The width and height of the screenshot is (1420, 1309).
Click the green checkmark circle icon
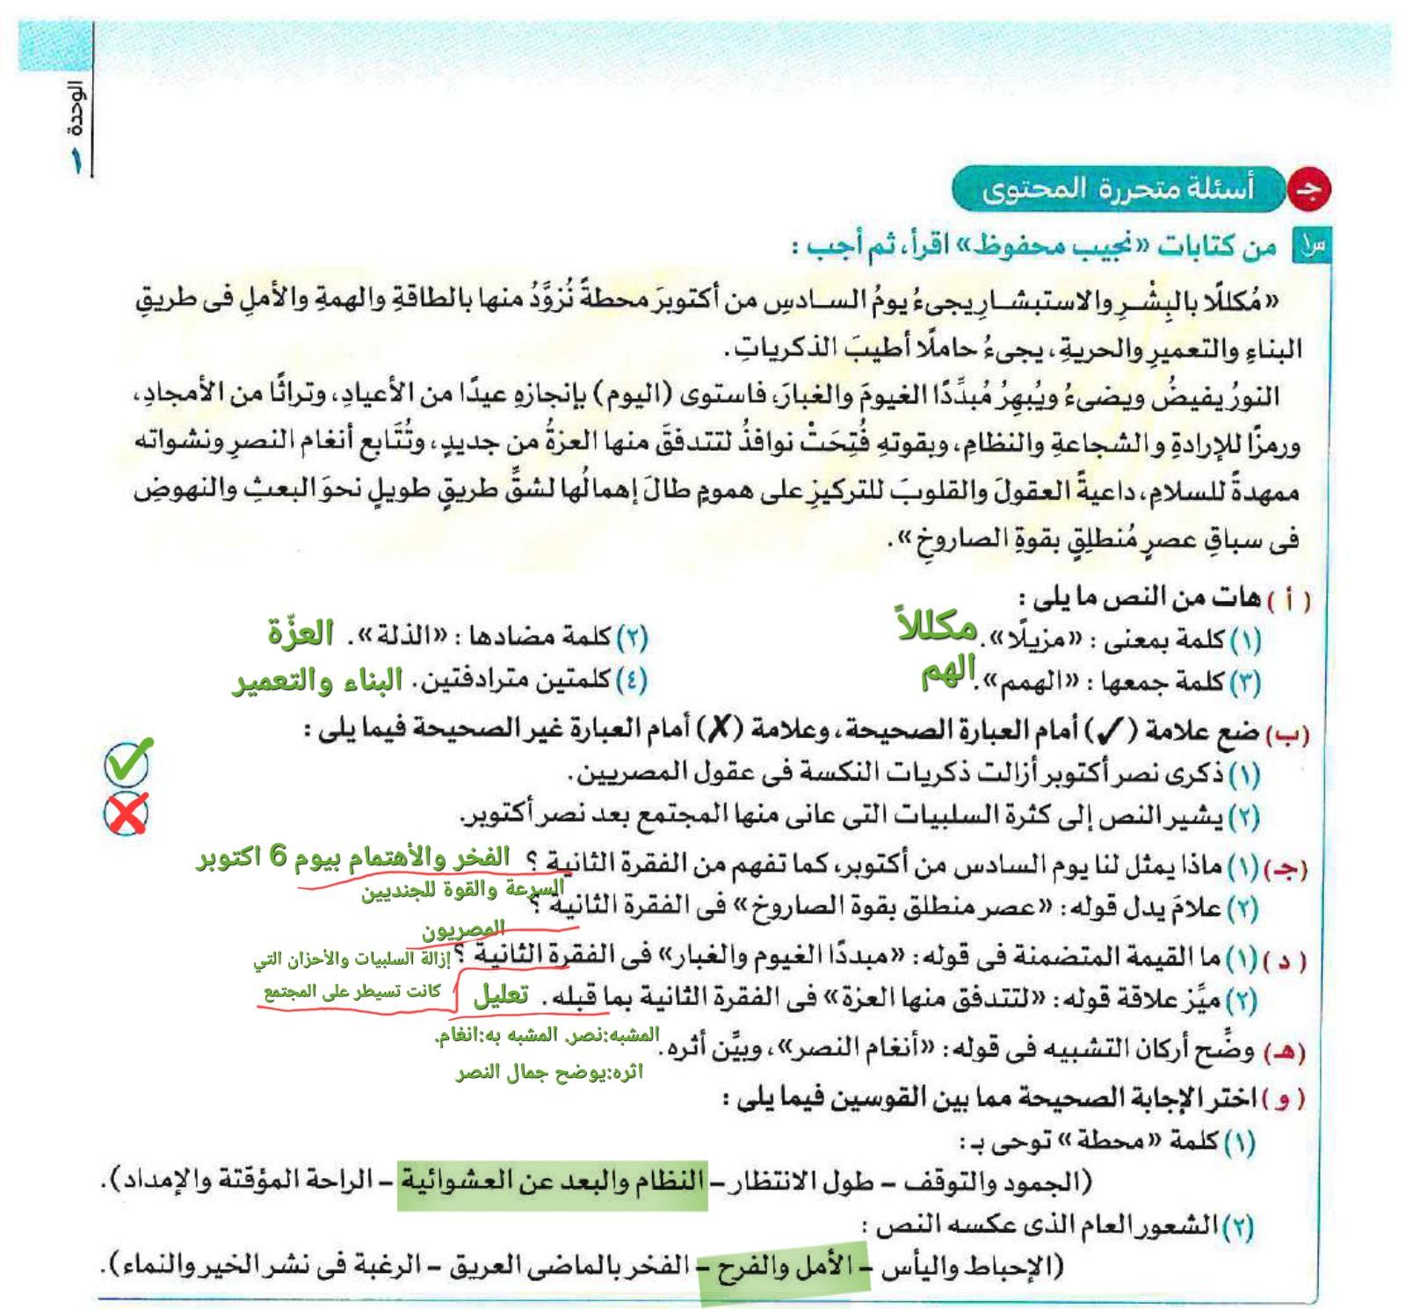tap(127, 762)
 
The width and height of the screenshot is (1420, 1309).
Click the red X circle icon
tap(127, 814)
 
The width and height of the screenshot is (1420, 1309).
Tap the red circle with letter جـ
tap(1308, 191)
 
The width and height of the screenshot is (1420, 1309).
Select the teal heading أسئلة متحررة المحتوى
tap(1118, 189)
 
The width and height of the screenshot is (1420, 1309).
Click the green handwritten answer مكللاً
tap(938, 626)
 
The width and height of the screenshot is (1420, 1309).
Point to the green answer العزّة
tap(301, 633)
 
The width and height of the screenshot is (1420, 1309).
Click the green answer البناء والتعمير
tap(317, 681)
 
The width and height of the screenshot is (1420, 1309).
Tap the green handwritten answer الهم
tap(948, 675)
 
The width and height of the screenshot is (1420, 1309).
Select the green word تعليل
tap(501, 995)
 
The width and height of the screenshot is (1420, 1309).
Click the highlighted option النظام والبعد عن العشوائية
tap(554, 1180)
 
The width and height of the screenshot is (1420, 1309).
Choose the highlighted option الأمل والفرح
tap(785, 1267)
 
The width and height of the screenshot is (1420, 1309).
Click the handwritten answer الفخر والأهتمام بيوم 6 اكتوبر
tap(353, 857)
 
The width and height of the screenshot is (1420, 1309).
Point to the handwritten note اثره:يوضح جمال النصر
tap(549, 1073)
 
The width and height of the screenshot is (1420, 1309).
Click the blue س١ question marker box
tap(1310, 247)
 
